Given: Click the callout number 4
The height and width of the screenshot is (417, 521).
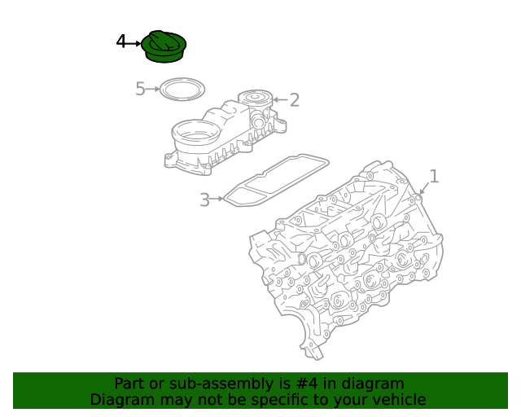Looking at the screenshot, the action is pos(121,42).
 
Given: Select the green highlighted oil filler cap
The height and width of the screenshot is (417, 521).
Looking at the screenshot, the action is pos(164,46).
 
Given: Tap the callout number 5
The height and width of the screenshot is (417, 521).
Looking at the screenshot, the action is pos(140,89).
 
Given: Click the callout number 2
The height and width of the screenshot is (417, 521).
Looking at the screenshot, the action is pos(295,99).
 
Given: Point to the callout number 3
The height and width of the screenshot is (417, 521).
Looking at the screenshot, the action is pos(204,200).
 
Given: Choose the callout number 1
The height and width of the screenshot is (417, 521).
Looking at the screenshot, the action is pos(434,176).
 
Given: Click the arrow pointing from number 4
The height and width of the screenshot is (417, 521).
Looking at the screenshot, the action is pos(134,43).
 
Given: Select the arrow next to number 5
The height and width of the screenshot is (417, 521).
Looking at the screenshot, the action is pos(152,89).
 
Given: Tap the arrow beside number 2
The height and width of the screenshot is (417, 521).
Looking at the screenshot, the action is pos(280,99).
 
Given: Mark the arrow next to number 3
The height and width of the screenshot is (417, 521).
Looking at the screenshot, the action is pos(217,199).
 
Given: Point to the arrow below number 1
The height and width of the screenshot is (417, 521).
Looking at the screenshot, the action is pos(424,188).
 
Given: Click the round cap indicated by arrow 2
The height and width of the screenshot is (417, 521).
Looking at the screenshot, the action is pos(255,99).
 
